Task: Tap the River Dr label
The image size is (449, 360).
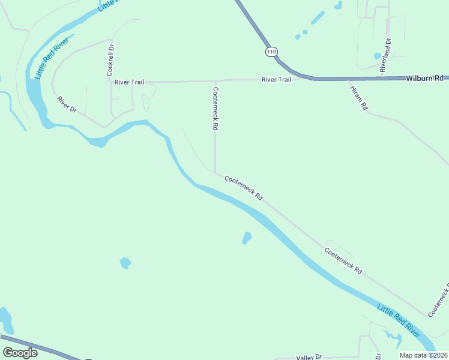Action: pyautogui.click(x=67, y=104)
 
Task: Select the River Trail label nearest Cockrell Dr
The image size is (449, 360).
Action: pyautogui.click(x=129, y=82)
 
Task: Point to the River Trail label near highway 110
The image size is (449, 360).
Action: pyautogui.click(x=276, y=80)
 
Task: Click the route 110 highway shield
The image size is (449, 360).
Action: pyautogui.click(x=272, y=52)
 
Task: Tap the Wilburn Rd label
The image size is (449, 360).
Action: pyautogui.click(x=424, y=78)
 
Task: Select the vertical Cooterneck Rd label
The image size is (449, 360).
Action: pyautogui.click(x=215, y=109)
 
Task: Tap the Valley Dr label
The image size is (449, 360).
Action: pyautogui.click(x=309, y=357)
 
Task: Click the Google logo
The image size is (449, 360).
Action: pyautogui.click(x=20, y=353)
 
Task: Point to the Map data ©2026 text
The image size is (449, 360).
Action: pyautogui.click(x=423, y=355)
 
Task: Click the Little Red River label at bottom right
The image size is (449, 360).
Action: pyautogui.click(x=399, y=320)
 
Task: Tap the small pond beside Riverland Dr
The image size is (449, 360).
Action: pyautogui.click(x=378, y=56)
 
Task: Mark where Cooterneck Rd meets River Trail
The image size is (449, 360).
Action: pyautogui.click(x=215, y=81)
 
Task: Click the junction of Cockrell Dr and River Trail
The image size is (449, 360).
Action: pyautogui.click(x=110, y=82)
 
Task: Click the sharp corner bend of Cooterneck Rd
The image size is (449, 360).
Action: pyautogui.click(x=216, y=172)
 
